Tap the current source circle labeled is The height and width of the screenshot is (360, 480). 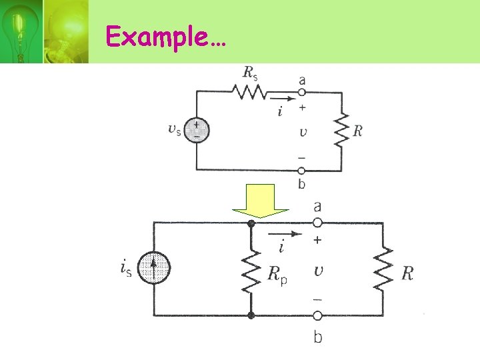coord(155,269)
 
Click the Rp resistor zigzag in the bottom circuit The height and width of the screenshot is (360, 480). coord(251,270)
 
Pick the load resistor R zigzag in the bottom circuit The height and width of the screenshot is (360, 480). coord(383,269)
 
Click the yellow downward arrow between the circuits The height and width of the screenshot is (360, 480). coord(260,201)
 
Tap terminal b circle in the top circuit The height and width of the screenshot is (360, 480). coord(301,171)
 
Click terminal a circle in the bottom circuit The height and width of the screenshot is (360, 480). coord(317,223)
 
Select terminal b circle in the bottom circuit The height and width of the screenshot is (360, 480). coord(317,315)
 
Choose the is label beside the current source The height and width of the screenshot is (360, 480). coord(125,269)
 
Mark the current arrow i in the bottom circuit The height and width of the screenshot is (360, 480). coord(284,235)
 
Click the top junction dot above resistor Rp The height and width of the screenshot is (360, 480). coord(251,223)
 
